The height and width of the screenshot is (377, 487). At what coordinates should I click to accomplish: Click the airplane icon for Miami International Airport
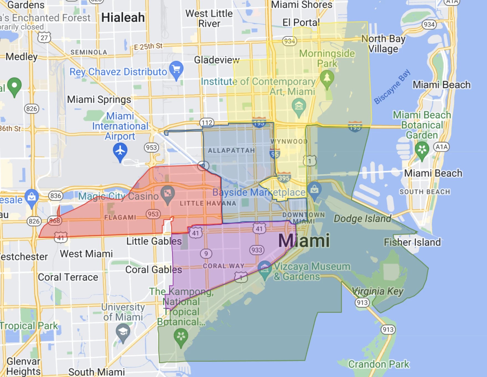tap(120, 151)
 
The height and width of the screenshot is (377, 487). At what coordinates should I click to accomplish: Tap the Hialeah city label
tap(123, 18)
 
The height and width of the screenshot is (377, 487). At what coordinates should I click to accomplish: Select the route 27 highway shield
tap(44, 38)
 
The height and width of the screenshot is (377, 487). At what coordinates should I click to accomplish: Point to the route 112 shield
tap(207, 122)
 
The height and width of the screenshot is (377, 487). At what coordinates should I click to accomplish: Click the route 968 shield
tap(55, 221)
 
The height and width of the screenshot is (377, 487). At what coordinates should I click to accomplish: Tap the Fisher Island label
tap(412, 242)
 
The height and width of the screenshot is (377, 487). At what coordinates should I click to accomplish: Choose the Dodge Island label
tap(362, 218)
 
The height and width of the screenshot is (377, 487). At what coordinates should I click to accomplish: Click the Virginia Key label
tap(377, 291)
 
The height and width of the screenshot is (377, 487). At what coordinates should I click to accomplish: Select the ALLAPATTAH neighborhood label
tap(231, 150)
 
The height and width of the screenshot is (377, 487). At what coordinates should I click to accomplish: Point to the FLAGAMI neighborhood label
tap(120, 217)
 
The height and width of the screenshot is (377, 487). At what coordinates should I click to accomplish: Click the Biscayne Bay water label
tap(392, 87)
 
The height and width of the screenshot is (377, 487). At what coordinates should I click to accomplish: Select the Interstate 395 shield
tap(284, 177)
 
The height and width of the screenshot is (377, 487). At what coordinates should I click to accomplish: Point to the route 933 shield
tap(257, 250)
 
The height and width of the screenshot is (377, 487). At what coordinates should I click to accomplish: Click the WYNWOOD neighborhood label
tap(289, 141)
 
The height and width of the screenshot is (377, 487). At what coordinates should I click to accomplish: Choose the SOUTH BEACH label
tap(425, 192)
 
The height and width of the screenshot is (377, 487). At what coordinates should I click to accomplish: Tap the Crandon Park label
tap(379, 364)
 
